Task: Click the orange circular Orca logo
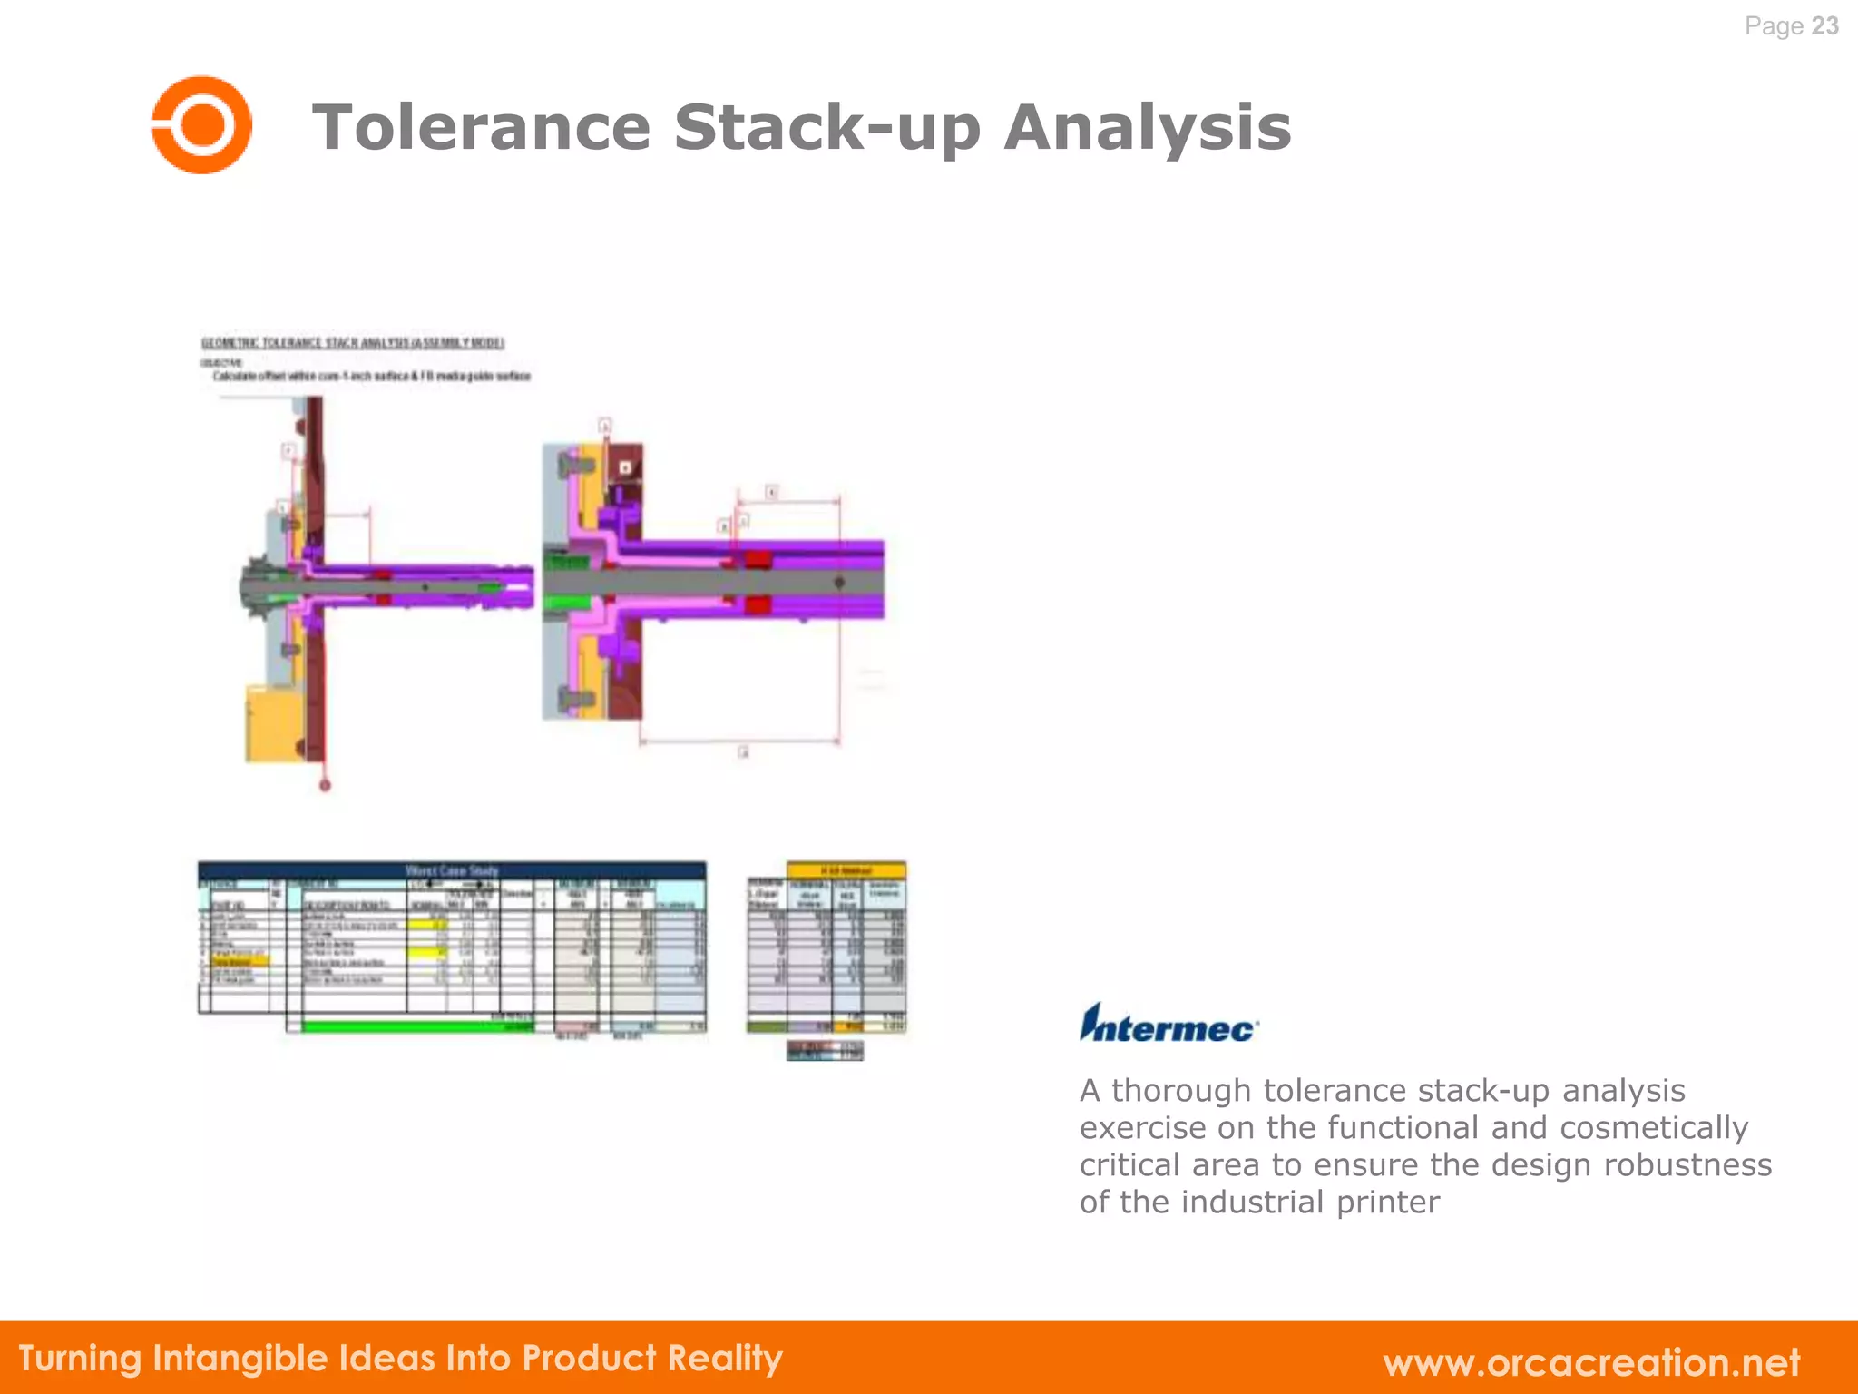tap(201, 125)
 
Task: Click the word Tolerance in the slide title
tap(481, 127)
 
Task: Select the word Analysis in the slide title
tap(1147, 127)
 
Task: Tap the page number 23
tap(1824, 25)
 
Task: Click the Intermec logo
tap(1168, 1024)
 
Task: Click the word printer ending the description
tap(1387, 1202)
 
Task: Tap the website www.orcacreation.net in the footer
tap(1591, 1361)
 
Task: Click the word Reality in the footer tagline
tap(725, 1358)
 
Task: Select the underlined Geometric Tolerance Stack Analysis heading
tap(352, 342)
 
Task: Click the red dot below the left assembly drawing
tap(325, 785)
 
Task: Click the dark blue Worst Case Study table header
tap(452, 870)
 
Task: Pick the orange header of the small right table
tap(846, 870)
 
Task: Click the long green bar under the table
tap(417, 1027)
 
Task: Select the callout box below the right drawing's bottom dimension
tap(743, 751)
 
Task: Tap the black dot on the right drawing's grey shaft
tap(839, 583)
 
